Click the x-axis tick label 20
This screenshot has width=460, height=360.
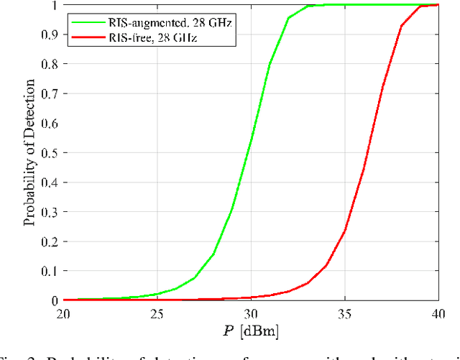tap(63, 313)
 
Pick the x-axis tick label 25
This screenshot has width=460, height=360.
tap(157, 313)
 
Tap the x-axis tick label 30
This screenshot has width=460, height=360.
tap(252, 313)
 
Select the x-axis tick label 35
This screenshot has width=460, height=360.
tap(345, 313)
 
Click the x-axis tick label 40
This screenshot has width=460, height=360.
tap(438, 313)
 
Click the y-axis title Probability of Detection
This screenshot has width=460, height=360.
tap(29, 152)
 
